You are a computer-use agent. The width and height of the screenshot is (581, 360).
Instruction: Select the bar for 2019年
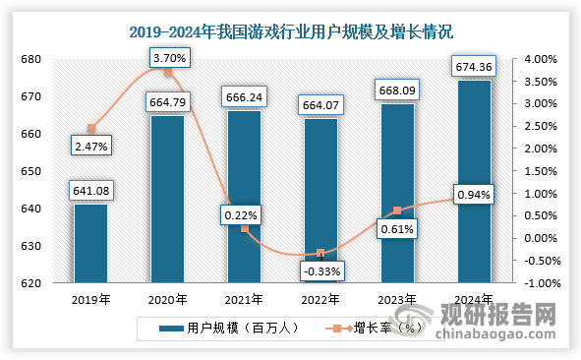[90, 246]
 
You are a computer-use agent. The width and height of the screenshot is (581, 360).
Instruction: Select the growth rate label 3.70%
[169, 59]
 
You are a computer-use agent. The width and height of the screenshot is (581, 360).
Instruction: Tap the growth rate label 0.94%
[472, 195]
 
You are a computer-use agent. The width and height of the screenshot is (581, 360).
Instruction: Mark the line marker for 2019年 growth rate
[91, 128]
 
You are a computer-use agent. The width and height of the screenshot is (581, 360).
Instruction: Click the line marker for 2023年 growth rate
[397, 210]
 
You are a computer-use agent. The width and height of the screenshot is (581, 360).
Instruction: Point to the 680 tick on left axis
[31, 59]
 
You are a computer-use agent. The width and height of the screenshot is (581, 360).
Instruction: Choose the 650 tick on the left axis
[31, 171]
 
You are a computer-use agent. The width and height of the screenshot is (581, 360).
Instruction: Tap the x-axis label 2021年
[244, 300]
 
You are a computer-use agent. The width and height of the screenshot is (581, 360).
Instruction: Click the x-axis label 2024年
[473, 300]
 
